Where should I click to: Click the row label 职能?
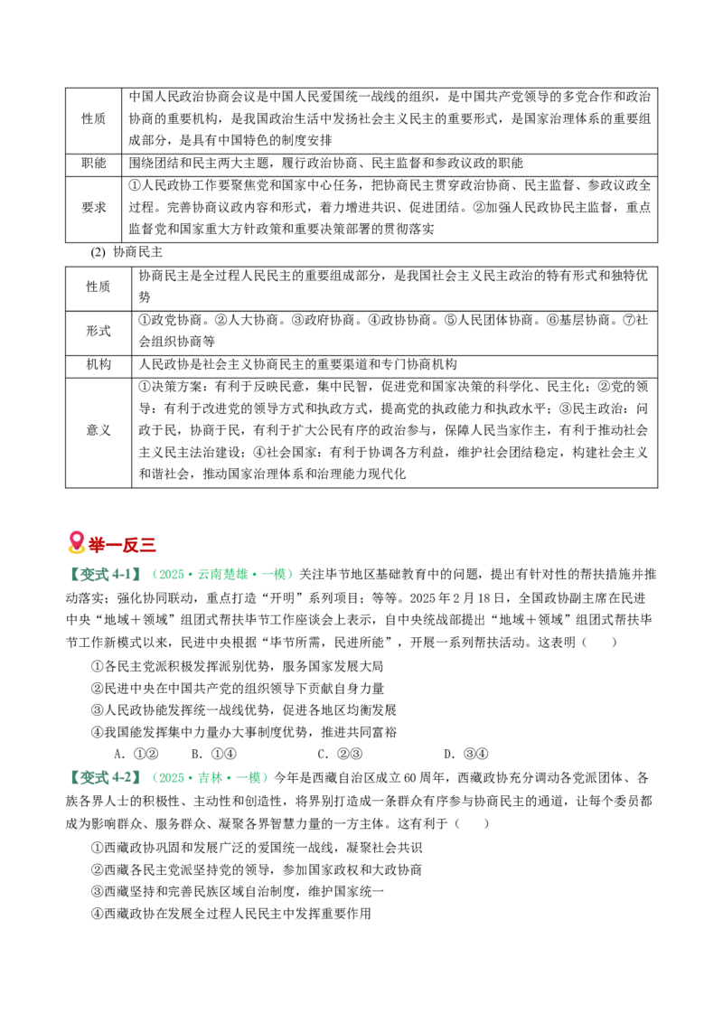93,163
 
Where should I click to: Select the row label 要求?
93,208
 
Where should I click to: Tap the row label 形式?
99,332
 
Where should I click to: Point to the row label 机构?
99,365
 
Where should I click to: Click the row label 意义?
99,430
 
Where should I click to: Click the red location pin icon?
76,543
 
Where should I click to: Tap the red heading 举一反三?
122,544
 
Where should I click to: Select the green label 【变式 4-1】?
105,575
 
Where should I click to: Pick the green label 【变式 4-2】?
105,778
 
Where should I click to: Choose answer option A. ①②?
136,755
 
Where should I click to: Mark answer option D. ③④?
466,755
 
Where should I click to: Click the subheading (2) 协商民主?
127,252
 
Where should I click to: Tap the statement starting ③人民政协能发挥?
244,710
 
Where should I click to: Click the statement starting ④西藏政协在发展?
231,914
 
